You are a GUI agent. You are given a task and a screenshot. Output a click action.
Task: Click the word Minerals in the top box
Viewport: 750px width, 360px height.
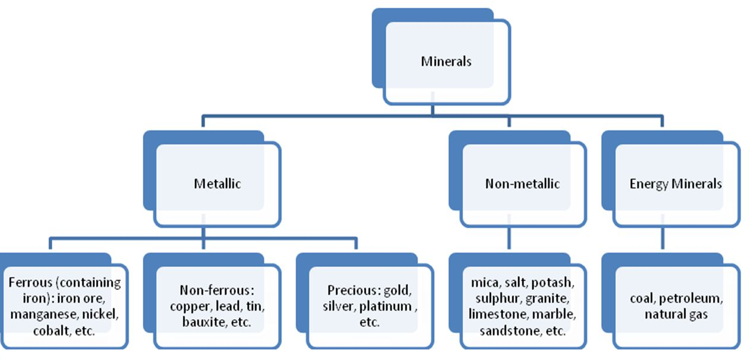[446, 61]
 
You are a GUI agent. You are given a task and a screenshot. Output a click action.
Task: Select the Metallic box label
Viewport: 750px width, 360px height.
[217, 184]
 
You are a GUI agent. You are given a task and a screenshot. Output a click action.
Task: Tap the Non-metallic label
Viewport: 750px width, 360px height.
[522, 184]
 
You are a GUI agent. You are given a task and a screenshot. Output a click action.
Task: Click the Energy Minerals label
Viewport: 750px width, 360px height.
[675, 184]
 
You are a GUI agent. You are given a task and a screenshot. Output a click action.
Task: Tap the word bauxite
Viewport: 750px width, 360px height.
[203, 323]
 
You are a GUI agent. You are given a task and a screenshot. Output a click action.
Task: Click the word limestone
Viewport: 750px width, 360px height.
[493, 314]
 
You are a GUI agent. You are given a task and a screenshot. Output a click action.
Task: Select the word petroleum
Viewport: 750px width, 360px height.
[695, 298]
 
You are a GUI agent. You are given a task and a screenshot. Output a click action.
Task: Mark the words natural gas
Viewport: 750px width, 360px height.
[676, 314]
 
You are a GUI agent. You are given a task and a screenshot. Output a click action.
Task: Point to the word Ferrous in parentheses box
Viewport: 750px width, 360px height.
[29, 282]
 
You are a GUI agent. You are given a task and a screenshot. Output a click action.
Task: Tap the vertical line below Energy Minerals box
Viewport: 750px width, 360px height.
[663, 239]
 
